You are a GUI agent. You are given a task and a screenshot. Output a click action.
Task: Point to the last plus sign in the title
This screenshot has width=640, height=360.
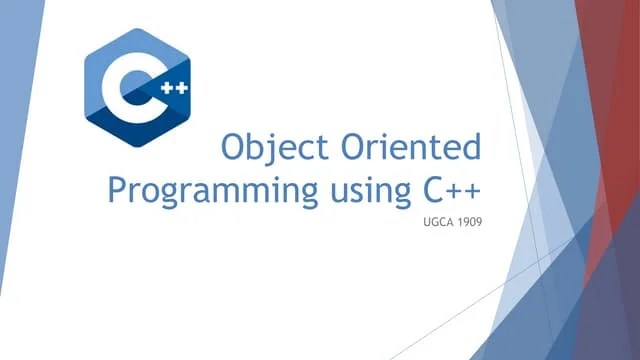point(469,189)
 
